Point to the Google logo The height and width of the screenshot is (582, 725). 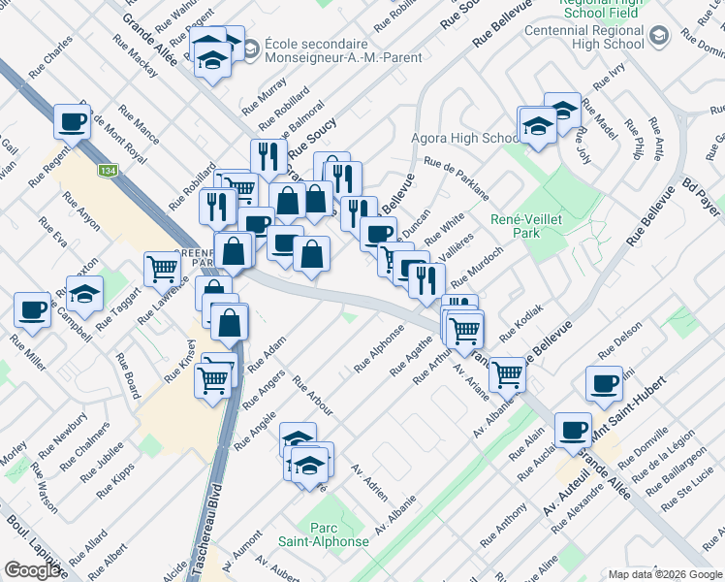(x=33, y=570)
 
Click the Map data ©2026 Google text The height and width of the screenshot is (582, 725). (x=665, y=573)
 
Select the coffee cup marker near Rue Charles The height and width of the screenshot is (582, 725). (x=71, y=121)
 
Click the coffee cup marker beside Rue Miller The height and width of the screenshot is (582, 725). (x=32, y=308)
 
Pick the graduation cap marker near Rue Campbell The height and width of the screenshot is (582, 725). (x=85, y=292)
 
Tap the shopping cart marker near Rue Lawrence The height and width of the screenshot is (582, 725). (x=161, y=269)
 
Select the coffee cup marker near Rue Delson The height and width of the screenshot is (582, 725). (x=604, y=383)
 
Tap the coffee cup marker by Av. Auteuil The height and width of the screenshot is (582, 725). (x=572, y=428)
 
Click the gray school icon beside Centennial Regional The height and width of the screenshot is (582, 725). (x=659, y=37)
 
